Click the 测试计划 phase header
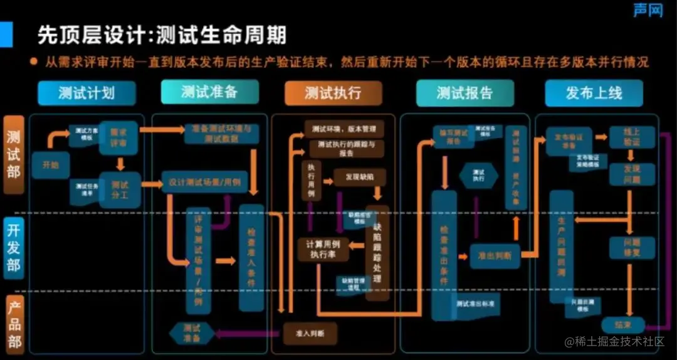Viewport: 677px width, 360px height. tap(87, 93)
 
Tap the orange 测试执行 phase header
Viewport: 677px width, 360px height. tap(333, 93)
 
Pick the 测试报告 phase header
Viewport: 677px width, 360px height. tap(464, 93)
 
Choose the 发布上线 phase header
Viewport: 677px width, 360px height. tap(594, 93)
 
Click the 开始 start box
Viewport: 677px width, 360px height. tap(50, 165)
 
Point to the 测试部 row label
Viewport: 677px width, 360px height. tap(14, 154)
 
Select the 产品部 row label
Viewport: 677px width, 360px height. tap(14, 324)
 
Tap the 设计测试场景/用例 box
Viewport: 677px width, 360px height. tap(204, 183)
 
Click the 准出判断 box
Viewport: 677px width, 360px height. tap(495, 255)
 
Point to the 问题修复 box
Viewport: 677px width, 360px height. tap(632, 248)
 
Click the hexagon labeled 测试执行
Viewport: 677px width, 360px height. tap(478, 175)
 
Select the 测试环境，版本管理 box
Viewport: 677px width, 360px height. tap(344, 130)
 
